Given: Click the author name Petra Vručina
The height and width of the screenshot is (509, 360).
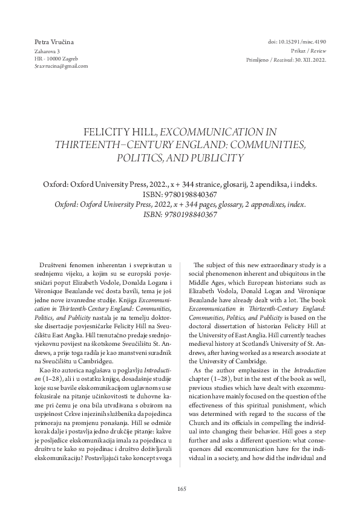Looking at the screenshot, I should (54, 41).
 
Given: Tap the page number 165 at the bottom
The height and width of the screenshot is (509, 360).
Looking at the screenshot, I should (180, 488).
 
